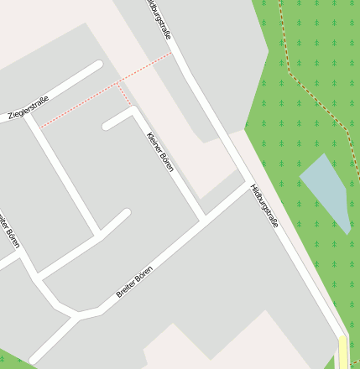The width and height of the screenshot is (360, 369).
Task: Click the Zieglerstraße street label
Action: pyautogui.click(x=28, y=108)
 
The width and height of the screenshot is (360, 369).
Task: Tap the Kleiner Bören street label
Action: pyautogui.click(x=159, y=153)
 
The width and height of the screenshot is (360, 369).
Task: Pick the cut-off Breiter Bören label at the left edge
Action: pyautogui.click(x=8, y=230)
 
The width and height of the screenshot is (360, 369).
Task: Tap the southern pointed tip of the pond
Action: pyautogui.click(x=347, y=231)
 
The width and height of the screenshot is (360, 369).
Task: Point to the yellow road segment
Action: pyautogui.click(x=343, y=352)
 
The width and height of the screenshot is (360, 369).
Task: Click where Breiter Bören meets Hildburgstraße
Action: pyautogui.click(x=246, y=183)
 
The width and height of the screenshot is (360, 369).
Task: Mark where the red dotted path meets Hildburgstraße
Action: pyautogui.click(x=171, y=54)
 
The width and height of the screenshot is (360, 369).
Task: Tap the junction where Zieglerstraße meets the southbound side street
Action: pyautogui.click(x=30, y=117)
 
